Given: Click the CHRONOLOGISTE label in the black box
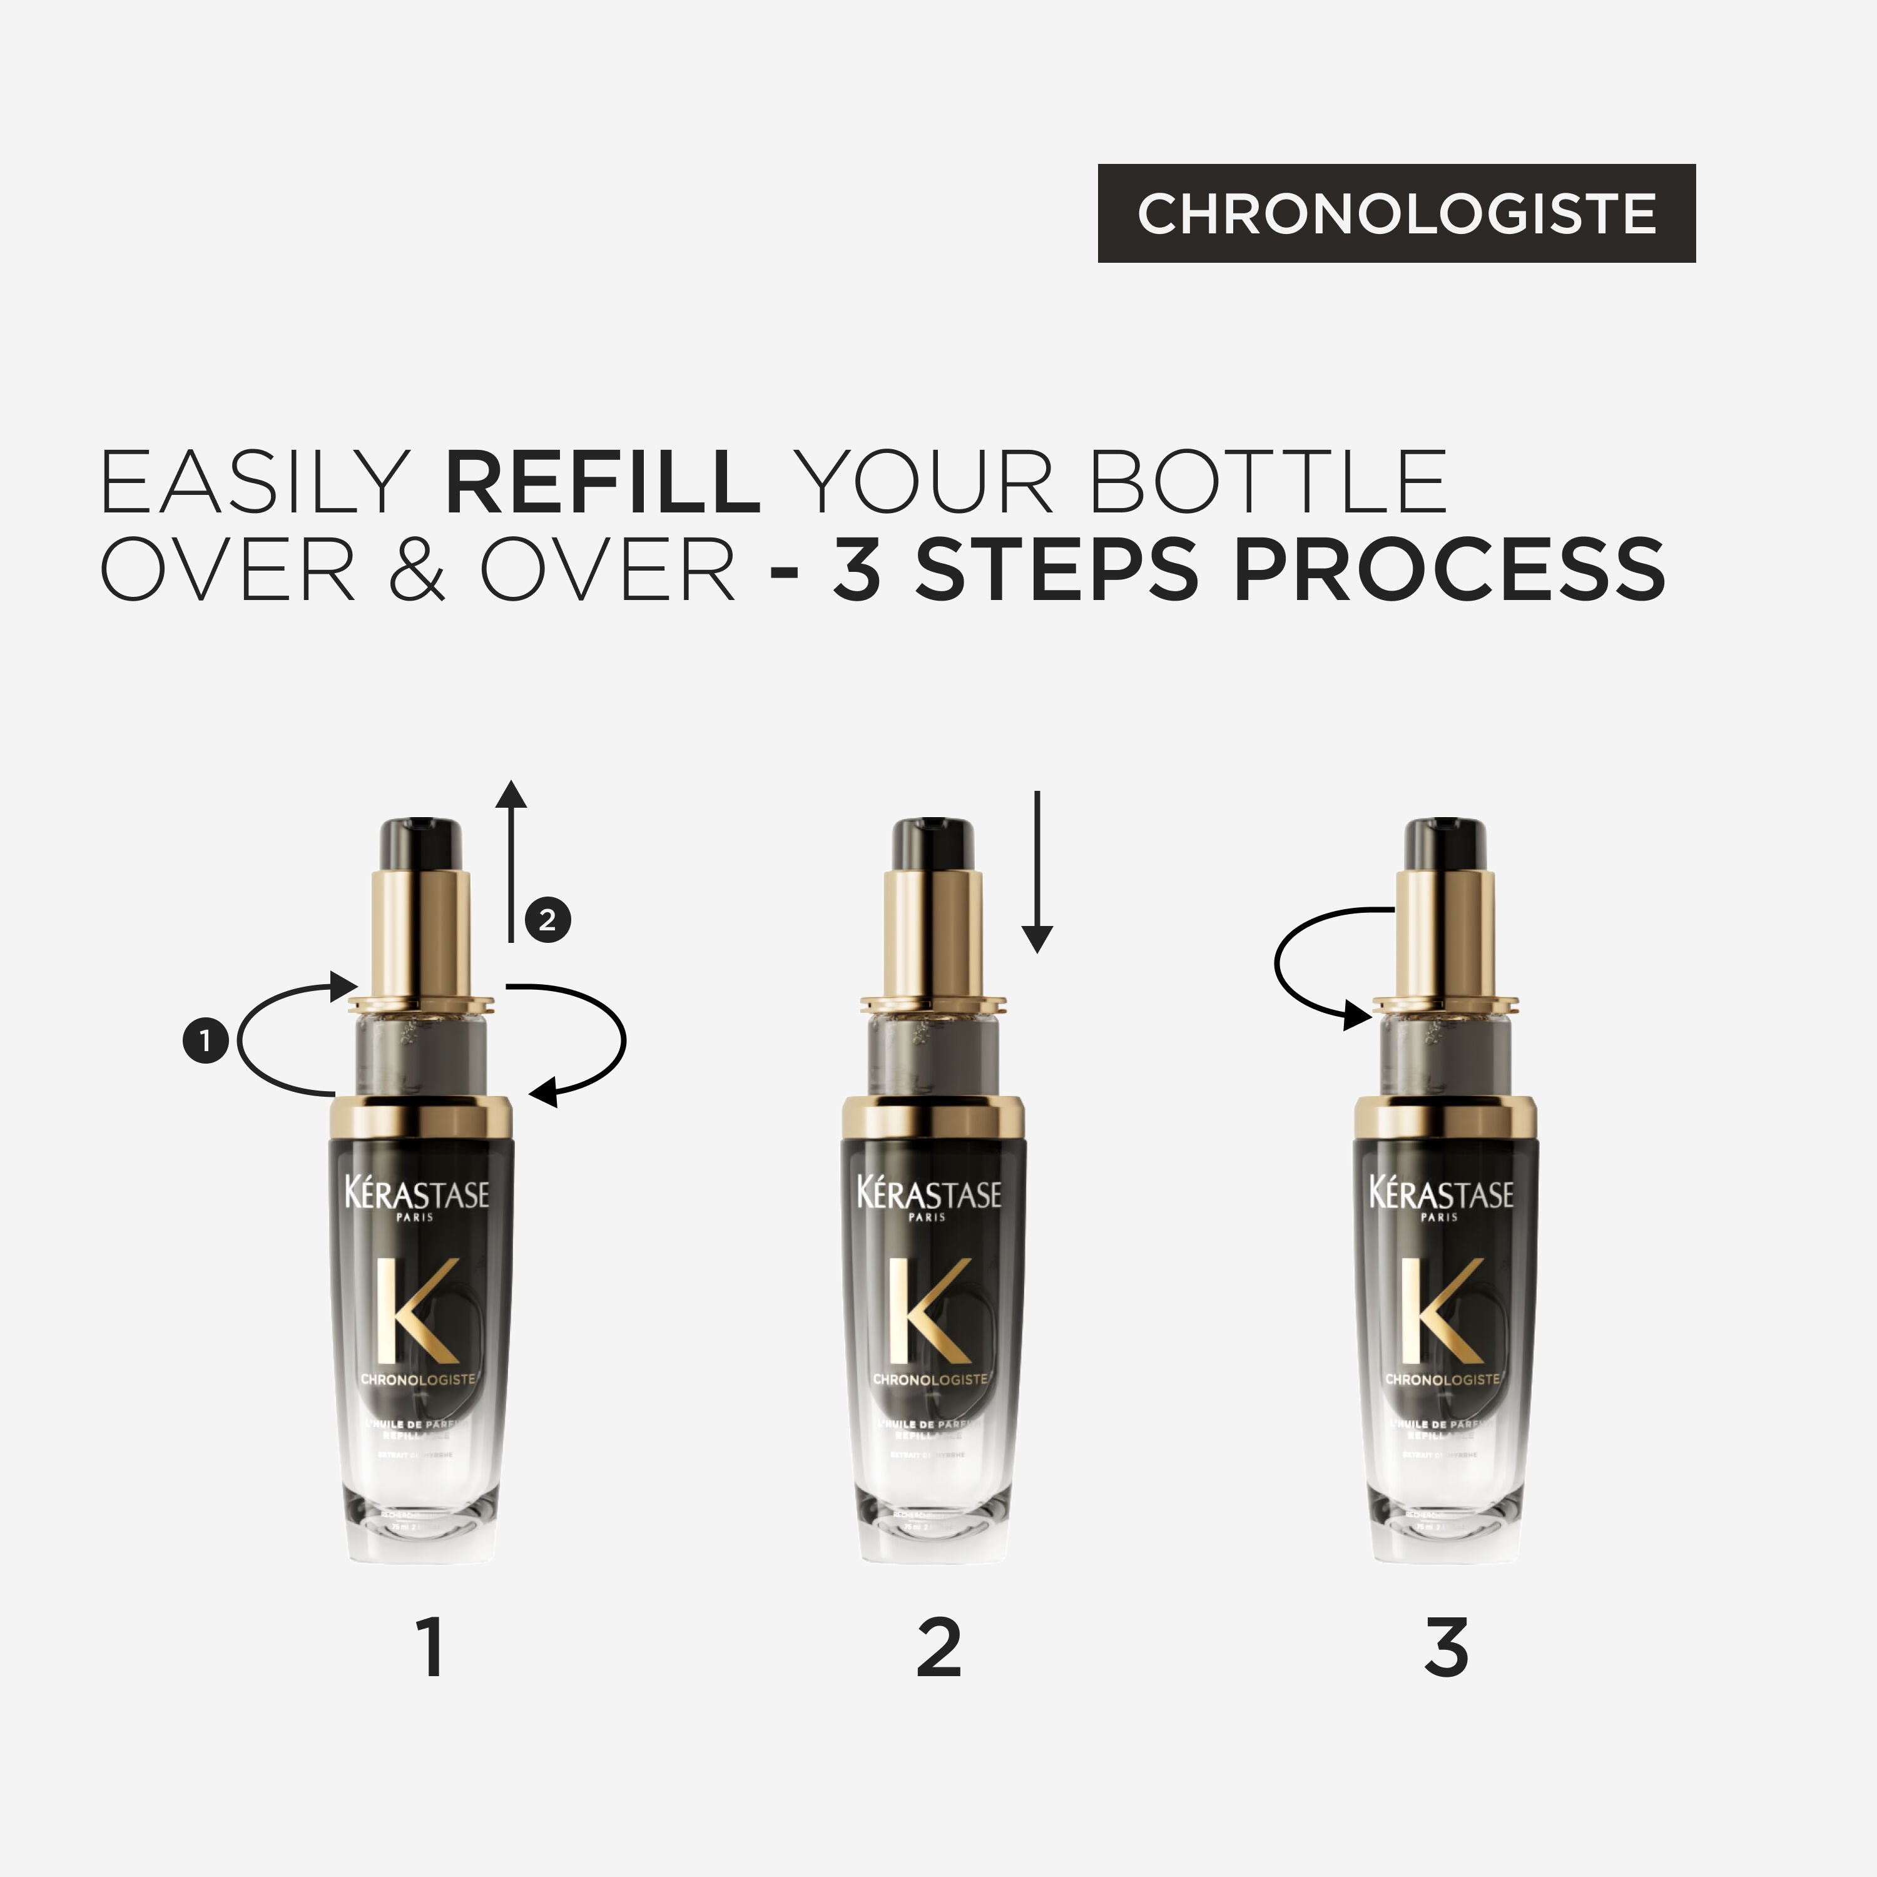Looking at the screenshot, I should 1396,214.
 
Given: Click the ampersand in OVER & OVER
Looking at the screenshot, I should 417,570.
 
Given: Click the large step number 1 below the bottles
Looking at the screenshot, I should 431,1648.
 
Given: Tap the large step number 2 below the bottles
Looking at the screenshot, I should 938,1648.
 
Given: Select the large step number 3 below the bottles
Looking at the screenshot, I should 1446,1648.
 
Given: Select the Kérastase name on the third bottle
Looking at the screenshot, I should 1442,1194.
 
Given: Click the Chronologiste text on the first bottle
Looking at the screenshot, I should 418,1380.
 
